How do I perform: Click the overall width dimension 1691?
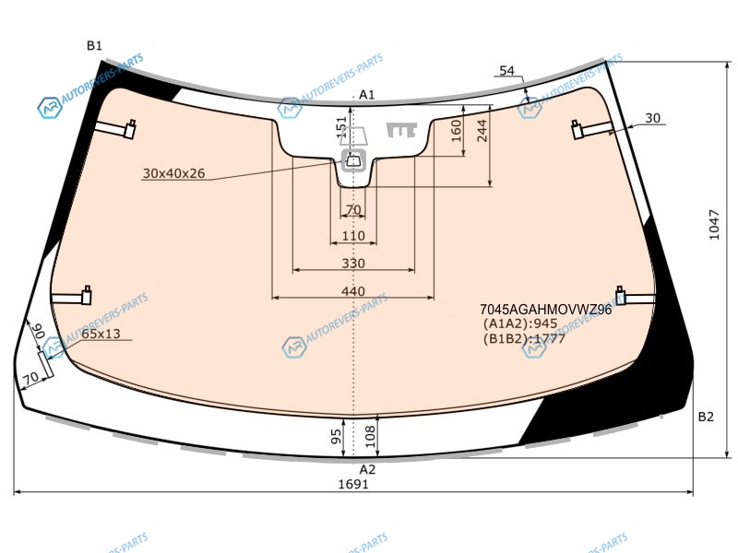(353, 484)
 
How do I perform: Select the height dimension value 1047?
(714, 225)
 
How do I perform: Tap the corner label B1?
(94, 45)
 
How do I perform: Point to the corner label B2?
(706, 417)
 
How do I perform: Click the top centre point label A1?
(366, 95)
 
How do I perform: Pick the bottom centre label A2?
(367, 469)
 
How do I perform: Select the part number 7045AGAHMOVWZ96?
(545, 310)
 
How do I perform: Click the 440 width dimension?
(353, 291)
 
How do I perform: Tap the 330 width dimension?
(353, 264)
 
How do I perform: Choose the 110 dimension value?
(353, 236)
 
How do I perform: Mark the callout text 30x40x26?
(173, 173)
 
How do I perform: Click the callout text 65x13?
(101, 334)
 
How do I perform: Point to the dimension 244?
(482, 131)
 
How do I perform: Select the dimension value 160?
(456, 131)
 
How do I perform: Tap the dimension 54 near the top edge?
(506, 71)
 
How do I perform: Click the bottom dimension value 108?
(371, 436)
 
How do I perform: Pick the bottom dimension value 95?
(337, 437)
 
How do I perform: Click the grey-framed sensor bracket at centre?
(354, 160)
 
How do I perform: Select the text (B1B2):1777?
(524, 338)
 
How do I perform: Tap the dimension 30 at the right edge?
(652, 118)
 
